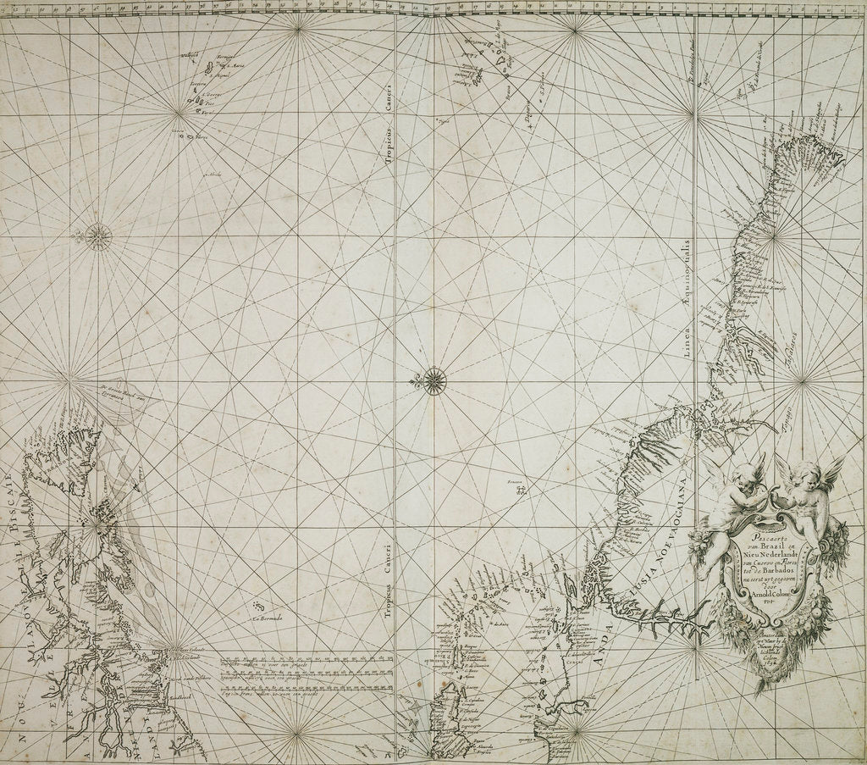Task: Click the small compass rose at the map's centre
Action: click(433, 380)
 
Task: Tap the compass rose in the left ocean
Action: click(99, 235)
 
